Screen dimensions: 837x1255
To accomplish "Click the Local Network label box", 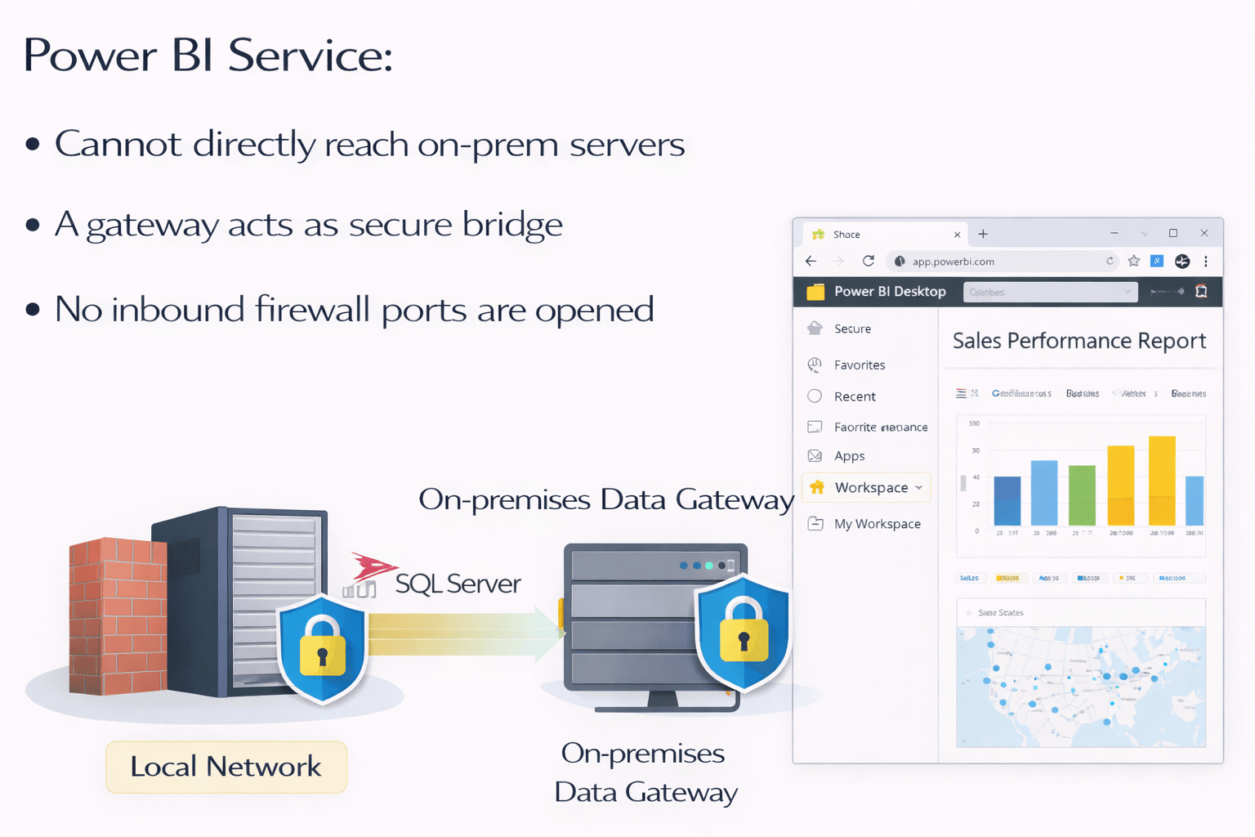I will click(x=226, y=767).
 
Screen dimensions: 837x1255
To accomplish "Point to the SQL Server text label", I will click(x=458, y=584).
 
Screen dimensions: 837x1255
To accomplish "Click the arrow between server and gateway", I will click(x=466, y=633).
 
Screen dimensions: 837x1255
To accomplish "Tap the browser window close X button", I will click(x=1204, y=234).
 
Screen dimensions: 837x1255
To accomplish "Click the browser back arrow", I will click(x=811, y=262).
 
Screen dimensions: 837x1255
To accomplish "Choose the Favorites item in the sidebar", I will click(x=859, y=365).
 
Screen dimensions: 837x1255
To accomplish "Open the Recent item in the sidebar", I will click(x=854, y=396).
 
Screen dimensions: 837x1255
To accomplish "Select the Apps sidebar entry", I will click(x=849, y=456).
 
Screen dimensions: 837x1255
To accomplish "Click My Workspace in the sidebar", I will click(x=877, y=524).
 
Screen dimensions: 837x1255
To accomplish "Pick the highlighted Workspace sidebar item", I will click(x=870, y=488).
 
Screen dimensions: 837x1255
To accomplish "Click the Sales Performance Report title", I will click(x=1079, y=341).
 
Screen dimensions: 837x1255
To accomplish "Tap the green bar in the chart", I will click(x=1082, y=495).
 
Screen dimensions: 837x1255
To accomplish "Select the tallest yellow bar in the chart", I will click(x=1162, y=481).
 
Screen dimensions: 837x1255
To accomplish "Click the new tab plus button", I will click(x=983, y=235).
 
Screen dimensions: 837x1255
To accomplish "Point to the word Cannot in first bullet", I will click(x=118, y=145).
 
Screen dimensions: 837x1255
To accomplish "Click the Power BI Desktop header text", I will click(x=890, y=292).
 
